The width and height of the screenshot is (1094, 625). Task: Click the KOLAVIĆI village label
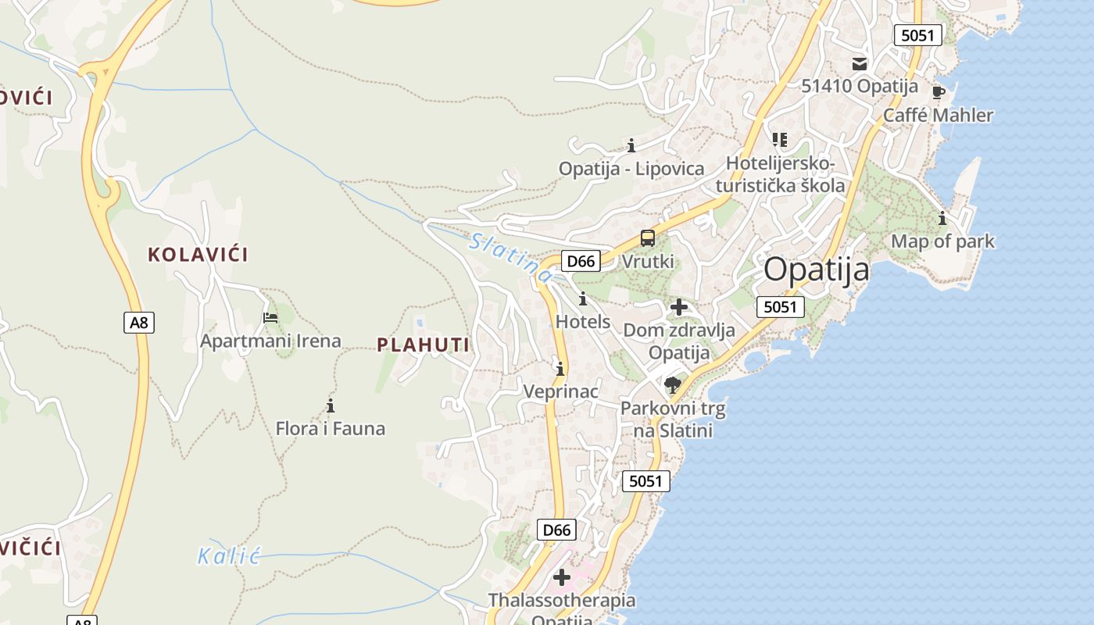[x=198, y=254]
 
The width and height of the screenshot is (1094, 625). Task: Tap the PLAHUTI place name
[x=424, y=345]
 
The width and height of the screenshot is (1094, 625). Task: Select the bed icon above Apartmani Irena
[x=270, y=317]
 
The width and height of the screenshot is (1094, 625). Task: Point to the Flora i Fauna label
[x=330, y=428]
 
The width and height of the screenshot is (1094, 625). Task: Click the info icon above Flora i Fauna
[x=331, y=405]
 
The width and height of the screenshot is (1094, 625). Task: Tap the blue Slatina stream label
[x=512, y=257]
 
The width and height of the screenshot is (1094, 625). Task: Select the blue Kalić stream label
[x=227, y=556]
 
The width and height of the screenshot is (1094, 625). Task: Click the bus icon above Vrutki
[x=647, y=238]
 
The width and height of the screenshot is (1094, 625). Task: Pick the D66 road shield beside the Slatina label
[x=581, y=261]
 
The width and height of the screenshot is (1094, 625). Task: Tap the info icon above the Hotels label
[x=582, y=298]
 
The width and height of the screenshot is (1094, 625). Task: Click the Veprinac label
[x=560, y=391]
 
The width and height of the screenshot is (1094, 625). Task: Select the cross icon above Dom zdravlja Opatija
[x=678, y=307]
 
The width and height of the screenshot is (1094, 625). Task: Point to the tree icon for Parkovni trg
[x=672, y=384]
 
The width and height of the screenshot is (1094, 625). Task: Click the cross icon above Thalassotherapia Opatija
[x=561, y=577]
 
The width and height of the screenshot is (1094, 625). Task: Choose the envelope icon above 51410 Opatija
[x=860, y=63]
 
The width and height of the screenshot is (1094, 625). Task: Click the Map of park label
[x=943, y=241]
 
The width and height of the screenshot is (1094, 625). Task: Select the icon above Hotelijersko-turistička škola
[x=779, y=140]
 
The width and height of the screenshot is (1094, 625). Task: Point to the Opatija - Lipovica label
[x=631, y=168]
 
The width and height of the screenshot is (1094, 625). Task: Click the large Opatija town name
[x=816, y=270]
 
